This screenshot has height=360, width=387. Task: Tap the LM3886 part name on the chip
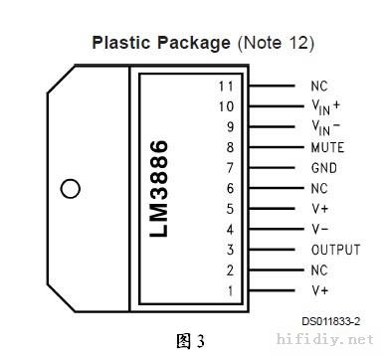coord(159,188)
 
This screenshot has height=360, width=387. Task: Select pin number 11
coord(226,87)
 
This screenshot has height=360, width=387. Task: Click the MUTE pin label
coord(327,147)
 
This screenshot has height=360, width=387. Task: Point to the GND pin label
coord(324,168)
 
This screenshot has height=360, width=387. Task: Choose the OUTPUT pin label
coord(335,250)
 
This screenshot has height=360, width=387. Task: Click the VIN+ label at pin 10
coord(326,107)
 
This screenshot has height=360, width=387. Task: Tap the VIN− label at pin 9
coord(326,127)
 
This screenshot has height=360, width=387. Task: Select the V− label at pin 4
coord(320,229)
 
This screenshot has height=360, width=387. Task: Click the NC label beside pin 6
coord(319,188)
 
